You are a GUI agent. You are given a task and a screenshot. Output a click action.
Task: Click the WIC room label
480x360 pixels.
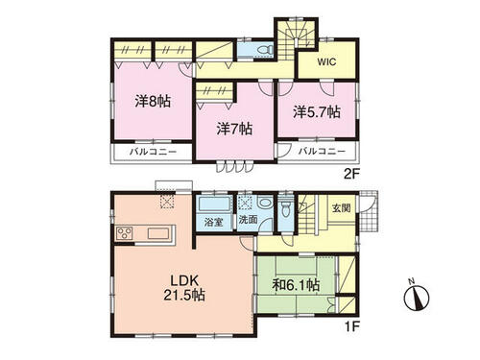326,61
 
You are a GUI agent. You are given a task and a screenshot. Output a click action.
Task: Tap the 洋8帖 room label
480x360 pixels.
153,102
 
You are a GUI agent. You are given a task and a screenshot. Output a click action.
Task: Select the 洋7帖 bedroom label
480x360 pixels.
234,129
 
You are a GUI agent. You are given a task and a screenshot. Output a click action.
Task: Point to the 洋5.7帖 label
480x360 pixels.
317,112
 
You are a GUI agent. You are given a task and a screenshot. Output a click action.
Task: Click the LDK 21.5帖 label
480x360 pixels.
184,288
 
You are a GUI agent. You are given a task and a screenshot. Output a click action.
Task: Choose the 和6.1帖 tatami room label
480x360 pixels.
296,284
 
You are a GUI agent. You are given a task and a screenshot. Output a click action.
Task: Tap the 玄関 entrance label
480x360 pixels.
341,208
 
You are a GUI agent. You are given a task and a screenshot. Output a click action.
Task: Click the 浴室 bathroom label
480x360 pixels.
214,222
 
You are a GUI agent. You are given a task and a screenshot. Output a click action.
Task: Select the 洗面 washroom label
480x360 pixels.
249,220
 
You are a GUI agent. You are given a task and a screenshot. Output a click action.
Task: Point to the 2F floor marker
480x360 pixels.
351,174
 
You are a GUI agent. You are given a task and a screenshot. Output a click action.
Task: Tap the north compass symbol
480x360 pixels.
417,296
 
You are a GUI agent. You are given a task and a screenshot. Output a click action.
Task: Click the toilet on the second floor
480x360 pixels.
265,50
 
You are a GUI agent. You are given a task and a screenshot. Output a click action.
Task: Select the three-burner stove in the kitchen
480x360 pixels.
125,232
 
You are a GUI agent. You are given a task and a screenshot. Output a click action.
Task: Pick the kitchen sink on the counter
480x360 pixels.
157,233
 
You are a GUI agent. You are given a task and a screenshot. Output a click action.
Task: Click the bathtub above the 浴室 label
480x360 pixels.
214,204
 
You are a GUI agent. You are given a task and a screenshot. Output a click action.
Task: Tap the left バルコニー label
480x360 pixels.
153,152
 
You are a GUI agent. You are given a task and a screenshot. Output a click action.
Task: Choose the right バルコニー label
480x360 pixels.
322,151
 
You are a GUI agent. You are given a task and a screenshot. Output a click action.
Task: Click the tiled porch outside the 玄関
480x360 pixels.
369,212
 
